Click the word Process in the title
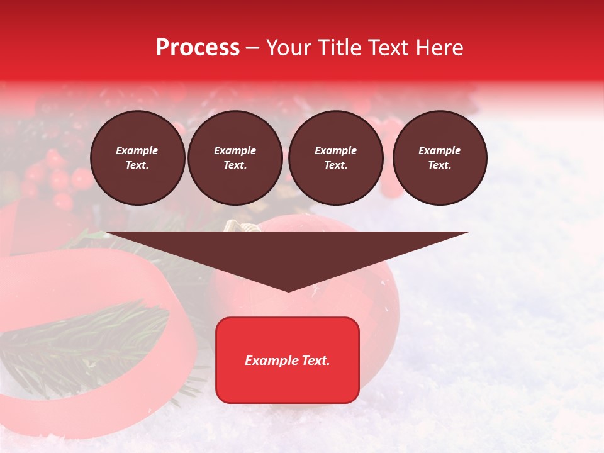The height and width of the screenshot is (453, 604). (198, 48)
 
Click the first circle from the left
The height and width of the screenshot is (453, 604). (137, 158)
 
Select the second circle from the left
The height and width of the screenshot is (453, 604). (235, 158)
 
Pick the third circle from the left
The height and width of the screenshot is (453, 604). (335, 158)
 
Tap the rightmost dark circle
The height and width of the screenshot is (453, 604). (440, 158)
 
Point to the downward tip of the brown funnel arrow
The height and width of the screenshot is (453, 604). (288, 290)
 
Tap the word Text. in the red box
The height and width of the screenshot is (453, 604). (315, 361)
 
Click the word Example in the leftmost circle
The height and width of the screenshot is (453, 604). (137, 150)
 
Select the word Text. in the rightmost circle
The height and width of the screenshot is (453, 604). (440, 165)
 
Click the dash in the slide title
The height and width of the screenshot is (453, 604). (252, 48)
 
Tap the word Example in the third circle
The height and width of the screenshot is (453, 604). (335, 150)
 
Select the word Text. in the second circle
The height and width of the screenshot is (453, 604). (235, 165)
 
